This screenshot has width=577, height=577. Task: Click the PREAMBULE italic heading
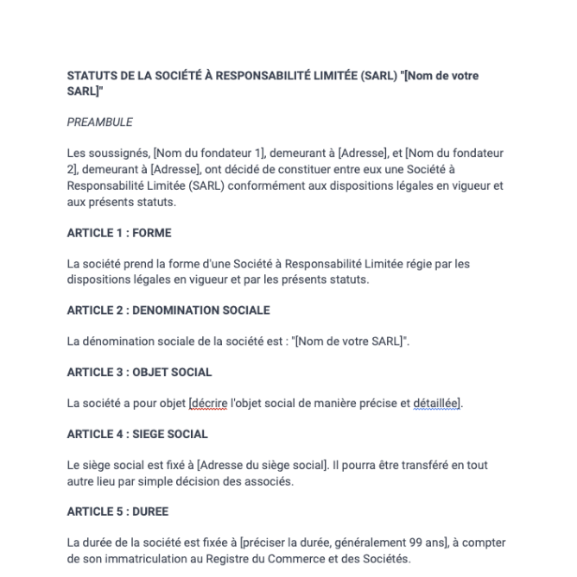tap(99, 122)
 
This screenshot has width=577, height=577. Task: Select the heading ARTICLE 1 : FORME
tap(119, 233)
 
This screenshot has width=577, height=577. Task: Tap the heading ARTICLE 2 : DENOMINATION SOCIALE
tap(168, 310)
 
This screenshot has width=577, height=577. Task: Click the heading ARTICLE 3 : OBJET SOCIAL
tap(139, 373)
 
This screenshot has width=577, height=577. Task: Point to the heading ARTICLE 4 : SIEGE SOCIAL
tap(137, 435)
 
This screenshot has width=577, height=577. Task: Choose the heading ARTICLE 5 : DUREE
tap(117, 511)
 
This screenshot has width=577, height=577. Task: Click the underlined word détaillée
tap(436, 404)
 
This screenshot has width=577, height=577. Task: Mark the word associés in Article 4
tap(272, 481)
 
